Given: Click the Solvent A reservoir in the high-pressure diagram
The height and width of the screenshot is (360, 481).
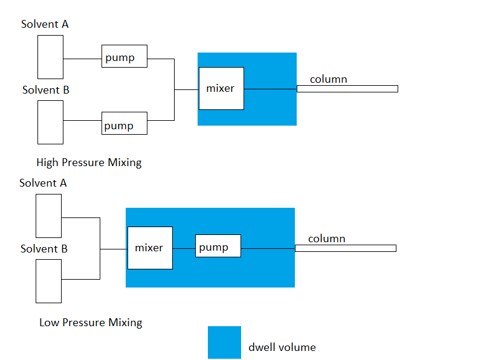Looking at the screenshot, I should click(x=50, y=57).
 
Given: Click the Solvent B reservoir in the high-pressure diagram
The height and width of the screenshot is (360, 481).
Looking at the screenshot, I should click(x=50, y=122).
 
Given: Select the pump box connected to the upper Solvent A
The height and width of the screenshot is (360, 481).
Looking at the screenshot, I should click(x=124, y=56).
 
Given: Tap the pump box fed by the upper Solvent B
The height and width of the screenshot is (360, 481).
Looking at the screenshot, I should click(x=124, y=123).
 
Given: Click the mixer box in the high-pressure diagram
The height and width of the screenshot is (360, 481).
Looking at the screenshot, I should click(x=221, y=88).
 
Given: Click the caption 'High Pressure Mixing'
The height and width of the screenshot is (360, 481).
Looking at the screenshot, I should click(x=89, y=162).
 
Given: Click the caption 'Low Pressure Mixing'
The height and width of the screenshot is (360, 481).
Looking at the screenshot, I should click(x=91, y=323).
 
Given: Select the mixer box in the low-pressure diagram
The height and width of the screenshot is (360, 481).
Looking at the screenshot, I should click(x=150, y=248).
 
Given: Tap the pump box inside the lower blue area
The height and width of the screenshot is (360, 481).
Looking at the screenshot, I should click(x=218, y=246).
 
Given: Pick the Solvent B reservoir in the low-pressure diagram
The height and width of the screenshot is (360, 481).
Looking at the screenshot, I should click(x=48, y=281).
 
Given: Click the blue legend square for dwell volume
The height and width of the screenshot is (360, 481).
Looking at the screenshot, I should click(x=224, y=342).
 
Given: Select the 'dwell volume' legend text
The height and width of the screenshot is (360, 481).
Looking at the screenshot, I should click(x=282, y=347).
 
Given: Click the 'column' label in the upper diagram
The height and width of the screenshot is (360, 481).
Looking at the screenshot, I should click(x=328, y=79).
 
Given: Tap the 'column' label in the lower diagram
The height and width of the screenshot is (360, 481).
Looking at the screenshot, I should click(x=326, y=239).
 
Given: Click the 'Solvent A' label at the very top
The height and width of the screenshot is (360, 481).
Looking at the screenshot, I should click(x=45, y=24).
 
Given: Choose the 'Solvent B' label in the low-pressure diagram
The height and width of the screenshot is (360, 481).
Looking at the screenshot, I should click(x=44, y=249).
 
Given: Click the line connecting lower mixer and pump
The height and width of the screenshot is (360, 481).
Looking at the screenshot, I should click(x=184, y=248).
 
